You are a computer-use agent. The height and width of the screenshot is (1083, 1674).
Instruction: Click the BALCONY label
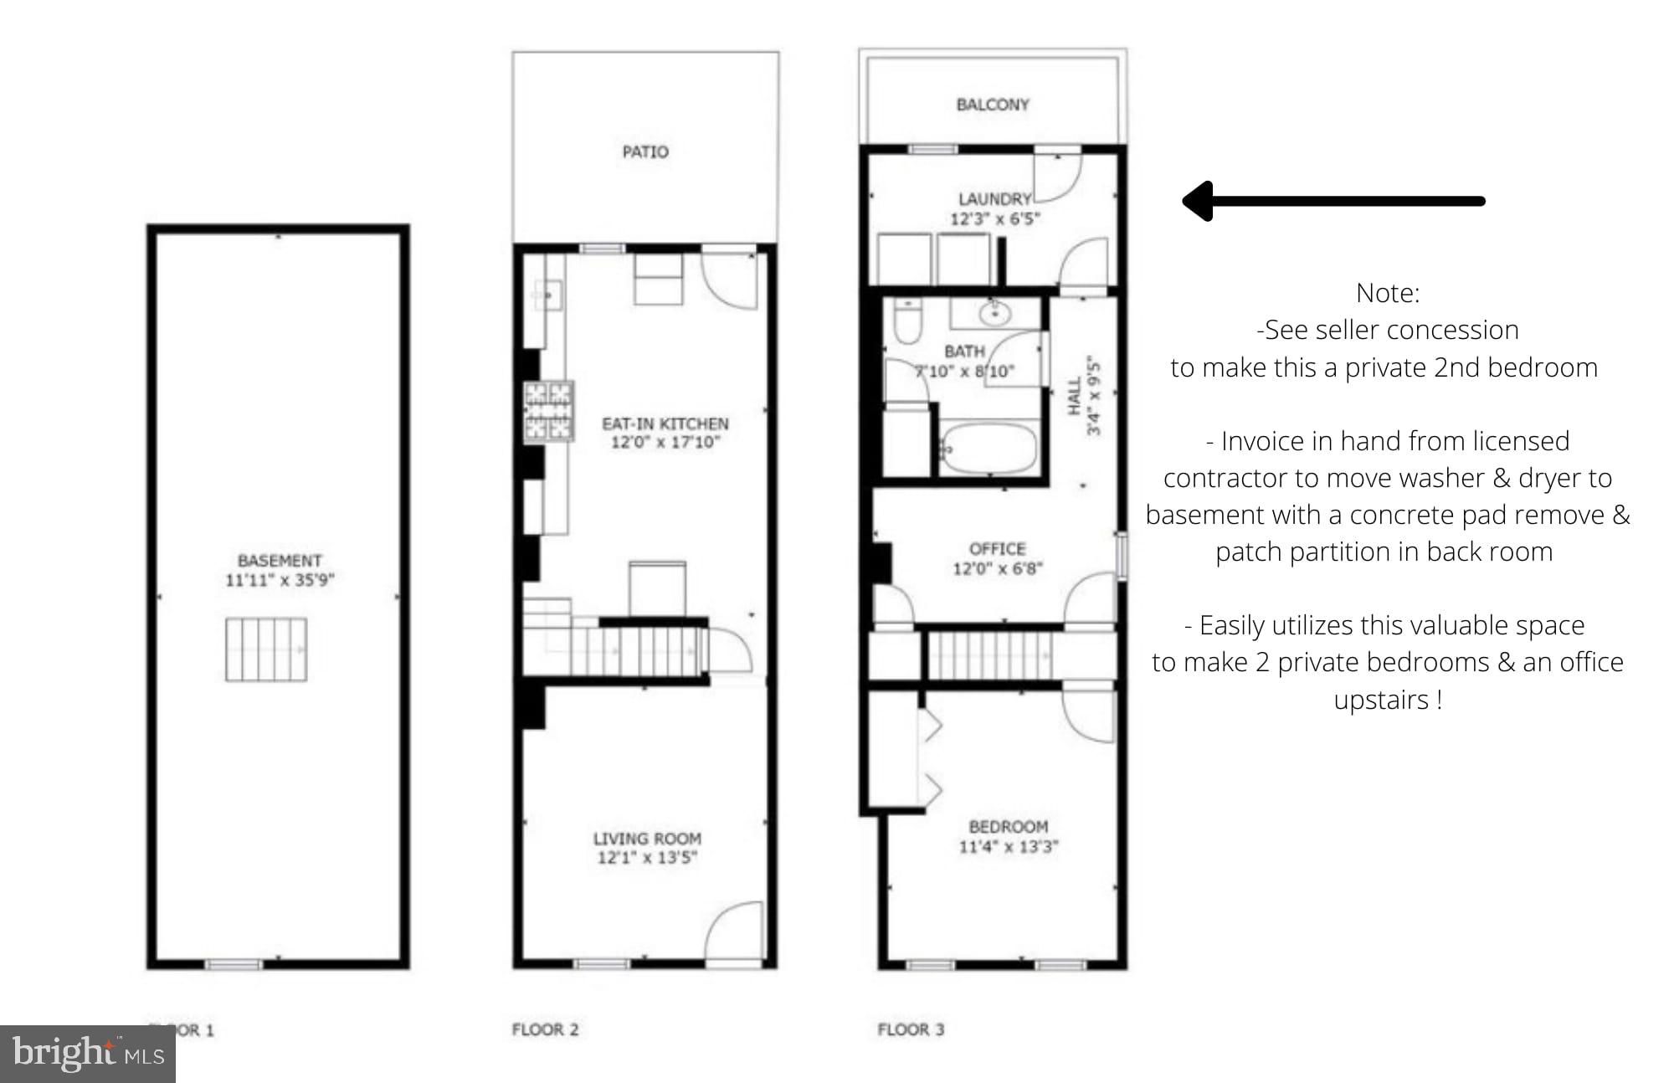coord(993,105)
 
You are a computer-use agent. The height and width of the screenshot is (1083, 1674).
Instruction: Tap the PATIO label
coord(645,152)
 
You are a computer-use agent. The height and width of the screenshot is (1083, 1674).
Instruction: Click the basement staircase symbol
coord(266,649)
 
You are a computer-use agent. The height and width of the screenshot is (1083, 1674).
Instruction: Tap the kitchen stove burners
coord(549,411)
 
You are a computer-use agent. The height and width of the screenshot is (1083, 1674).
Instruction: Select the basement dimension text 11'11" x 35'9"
coord(280,580)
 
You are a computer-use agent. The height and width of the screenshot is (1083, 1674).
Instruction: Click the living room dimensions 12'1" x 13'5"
coord(647,857)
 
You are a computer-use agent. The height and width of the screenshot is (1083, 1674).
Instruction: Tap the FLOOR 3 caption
coord(911,1029)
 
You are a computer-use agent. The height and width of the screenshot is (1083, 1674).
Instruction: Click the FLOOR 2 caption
coord(545,1029)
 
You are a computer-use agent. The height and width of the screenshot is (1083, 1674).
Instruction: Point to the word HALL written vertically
coord(1075,396)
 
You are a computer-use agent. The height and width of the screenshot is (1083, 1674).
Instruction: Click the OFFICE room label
coord(997,549)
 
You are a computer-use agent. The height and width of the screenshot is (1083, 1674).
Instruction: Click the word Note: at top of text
coord(1387,293)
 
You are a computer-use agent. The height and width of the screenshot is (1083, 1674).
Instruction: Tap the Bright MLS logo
coord(88,1053)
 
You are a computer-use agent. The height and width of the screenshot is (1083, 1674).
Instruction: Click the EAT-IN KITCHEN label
coord(665,423)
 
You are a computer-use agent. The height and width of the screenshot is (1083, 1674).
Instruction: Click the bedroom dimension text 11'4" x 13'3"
coord(1008,847)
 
